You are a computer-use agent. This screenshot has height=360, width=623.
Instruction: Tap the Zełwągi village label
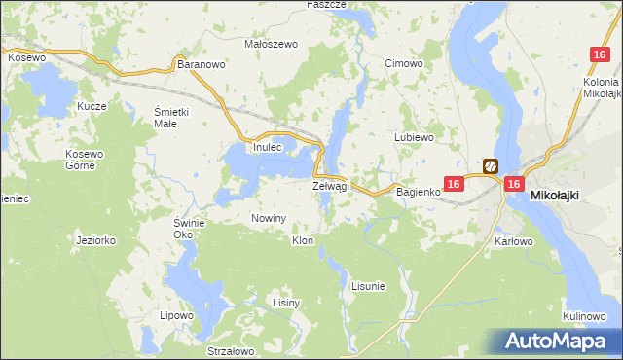click(330, 185)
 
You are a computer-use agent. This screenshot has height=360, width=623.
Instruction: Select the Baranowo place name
click(202, 64)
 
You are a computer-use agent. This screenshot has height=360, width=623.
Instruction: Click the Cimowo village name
click(403, 64)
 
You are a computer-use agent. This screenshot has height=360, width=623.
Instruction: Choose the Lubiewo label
click(413, 137)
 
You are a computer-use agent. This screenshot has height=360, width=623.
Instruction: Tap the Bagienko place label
click(419, 192)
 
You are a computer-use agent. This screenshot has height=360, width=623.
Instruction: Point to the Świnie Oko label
click(189, 229)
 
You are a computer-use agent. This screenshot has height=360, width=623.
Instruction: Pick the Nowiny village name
click(269, 218)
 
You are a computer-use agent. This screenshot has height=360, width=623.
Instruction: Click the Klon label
click(303, 239)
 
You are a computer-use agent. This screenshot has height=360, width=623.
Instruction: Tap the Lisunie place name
click(368, 286)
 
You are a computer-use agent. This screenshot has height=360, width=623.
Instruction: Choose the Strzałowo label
click(231, 351)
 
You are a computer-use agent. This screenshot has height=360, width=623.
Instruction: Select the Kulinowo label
click(586, 317)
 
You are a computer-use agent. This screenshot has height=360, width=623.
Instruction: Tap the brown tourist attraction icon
click(491, 166)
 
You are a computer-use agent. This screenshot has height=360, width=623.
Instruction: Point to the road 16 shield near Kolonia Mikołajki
click(600, 57)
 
